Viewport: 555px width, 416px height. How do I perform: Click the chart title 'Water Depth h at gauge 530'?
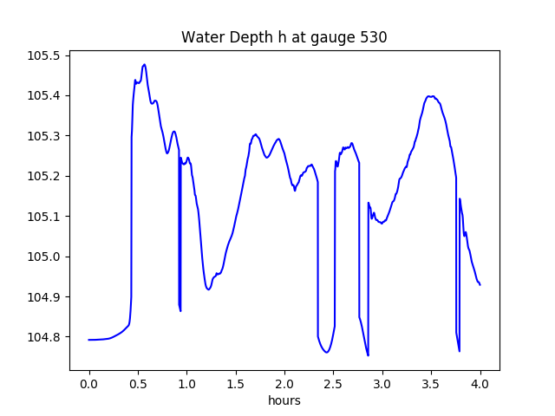[x=284, y=37]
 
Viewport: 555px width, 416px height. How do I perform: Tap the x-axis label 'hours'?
[x=284, y=401]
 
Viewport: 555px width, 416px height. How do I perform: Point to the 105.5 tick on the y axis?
[x=44, y=55]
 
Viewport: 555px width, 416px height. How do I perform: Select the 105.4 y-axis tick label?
[x=44, y=95]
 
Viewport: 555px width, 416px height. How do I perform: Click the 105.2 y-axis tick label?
[x=44, y=176]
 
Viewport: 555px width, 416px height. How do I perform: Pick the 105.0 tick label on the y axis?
[x=44, y=257]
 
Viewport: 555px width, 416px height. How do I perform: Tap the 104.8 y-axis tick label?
[x=44, y=337]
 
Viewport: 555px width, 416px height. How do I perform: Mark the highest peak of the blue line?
[x=144, y=64]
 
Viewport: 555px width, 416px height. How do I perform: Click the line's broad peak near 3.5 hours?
[x=430, y=96]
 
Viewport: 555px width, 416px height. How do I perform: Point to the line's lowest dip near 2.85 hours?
[x=368, y=355]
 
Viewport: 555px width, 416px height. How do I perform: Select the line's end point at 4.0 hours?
[x=480, y=284]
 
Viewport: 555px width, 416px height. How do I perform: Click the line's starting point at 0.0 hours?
[x=89, y=340]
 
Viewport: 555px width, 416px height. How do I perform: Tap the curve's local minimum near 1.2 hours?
[x=208, y=289]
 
